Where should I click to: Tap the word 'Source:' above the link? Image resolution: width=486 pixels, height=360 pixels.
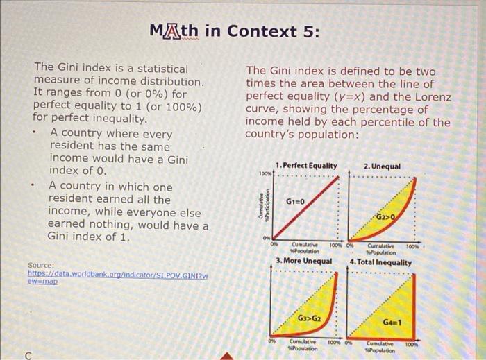[x=41, y=265]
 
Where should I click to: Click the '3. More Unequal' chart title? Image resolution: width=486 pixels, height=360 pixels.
[x=303, y=261]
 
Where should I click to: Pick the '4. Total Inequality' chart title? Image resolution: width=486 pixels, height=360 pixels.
[x=380, y=262]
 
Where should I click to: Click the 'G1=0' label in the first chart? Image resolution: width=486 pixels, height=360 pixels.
[x=296, y=201]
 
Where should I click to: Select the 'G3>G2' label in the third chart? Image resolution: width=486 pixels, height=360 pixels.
[x=309, y=318]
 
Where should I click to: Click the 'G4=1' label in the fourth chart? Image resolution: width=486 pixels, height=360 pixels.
[x=393, y=323]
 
